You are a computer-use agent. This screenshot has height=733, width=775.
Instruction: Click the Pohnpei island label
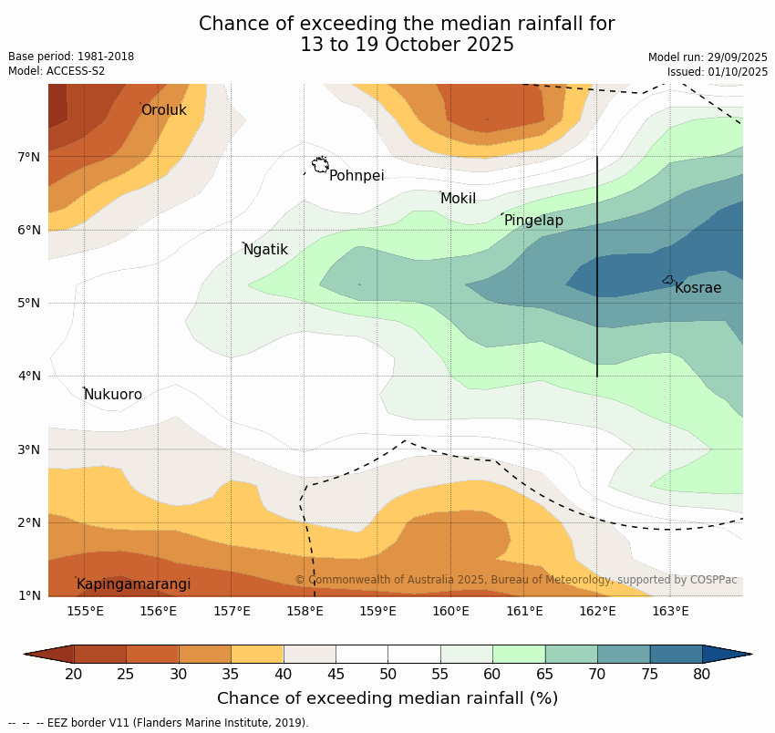[356, 176]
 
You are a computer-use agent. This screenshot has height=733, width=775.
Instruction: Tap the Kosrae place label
[697, 288]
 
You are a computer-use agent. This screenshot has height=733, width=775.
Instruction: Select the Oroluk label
[164, 110]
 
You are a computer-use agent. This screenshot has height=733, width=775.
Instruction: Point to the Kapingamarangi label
[133, 584]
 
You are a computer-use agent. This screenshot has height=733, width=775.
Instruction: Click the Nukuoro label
[113, 395]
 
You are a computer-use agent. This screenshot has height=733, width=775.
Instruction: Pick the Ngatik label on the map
[265, 250]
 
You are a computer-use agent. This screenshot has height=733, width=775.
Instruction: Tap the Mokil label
[458, 199]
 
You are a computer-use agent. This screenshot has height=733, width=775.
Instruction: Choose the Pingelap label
[533, 221]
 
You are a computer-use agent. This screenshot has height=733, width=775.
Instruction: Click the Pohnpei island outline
[320, 165]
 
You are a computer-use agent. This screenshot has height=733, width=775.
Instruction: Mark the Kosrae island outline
[667, 280]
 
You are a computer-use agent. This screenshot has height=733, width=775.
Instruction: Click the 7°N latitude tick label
[29, 157]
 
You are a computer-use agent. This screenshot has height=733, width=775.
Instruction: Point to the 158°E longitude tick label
[305, 611]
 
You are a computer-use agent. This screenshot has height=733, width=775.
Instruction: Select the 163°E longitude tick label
[670, 611]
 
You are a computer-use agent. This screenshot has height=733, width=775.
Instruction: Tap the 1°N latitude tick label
[29, 595]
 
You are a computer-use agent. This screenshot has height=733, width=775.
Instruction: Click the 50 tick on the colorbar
[387, 675]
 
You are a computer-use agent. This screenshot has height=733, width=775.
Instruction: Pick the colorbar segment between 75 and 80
[676, 654]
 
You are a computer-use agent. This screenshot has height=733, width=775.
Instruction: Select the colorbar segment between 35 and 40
[257, 654]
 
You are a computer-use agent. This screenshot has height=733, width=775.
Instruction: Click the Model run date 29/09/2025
[708, 57]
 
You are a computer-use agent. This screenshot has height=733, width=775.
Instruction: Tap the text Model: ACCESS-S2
[57, 71]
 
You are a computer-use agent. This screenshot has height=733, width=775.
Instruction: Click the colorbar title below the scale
[387, 698]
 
